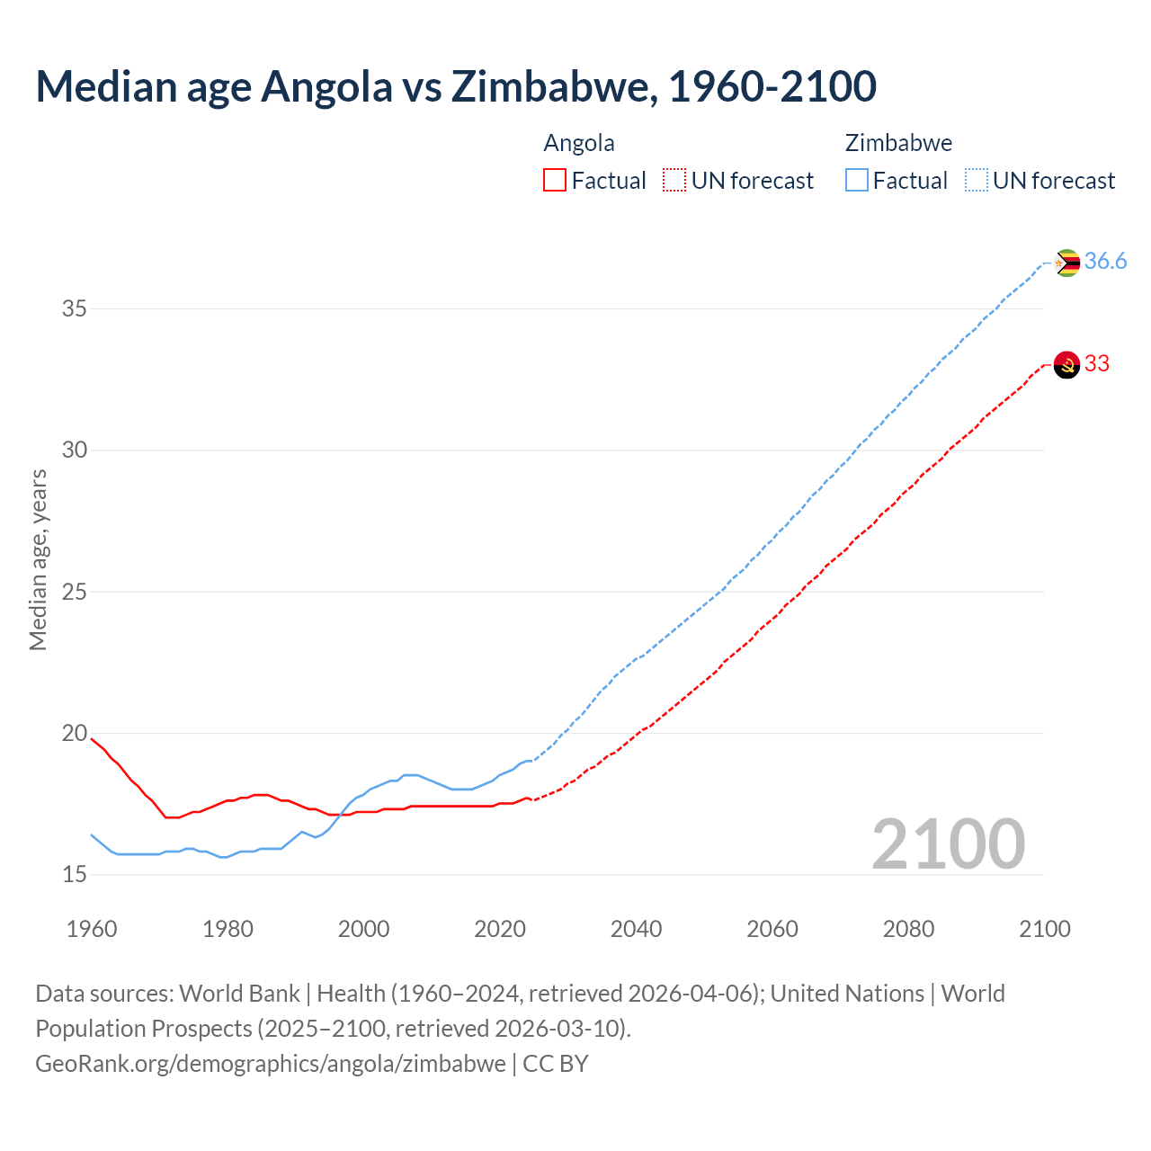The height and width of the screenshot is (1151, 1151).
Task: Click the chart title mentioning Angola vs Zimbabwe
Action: (455, 86)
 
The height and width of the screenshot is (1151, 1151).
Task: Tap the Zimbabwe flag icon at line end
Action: (1066, 263)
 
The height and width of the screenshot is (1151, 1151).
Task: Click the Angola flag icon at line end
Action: (1066, 365)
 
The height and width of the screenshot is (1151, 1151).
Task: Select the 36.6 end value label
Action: (1105, 262)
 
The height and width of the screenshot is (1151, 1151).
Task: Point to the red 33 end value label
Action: (1097, 364)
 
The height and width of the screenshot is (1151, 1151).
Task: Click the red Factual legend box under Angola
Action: (555, 181)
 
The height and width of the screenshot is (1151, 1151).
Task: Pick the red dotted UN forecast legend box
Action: (674, 181)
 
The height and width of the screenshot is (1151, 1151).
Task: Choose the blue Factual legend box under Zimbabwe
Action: (857, 181)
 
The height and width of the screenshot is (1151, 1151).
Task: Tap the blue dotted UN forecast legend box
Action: (976, 181)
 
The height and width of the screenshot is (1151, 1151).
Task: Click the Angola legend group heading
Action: (579, 144)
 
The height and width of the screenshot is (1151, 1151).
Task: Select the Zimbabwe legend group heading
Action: (898, 144)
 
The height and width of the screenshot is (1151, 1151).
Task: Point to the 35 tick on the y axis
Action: (74, 309)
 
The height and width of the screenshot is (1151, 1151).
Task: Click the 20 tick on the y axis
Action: (74, 734)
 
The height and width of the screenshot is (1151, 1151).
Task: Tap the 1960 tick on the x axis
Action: (92, 929)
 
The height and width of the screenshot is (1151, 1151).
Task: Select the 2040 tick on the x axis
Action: (636, 929)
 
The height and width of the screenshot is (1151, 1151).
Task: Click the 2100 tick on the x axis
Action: (1045, 929)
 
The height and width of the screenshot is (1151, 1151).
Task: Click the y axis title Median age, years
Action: (38, 559)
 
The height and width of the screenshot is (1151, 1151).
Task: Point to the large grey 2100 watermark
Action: (948, 843)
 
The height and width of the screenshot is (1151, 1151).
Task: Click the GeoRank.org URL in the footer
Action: (270, 1064)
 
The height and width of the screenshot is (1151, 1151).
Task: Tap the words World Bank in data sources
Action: (239, 994)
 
